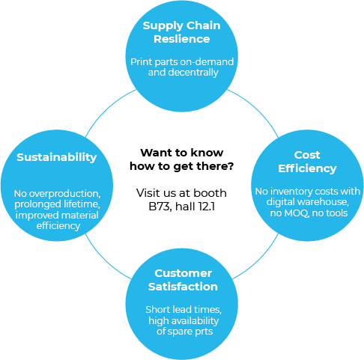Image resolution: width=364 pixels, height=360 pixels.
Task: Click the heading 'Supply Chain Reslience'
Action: pyautogui.click(x=182, y=32)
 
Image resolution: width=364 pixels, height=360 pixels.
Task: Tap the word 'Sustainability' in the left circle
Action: pyautogui.click(x=57, y=158)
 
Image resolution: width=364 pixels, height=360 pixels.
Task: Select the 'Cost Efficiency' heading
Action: pyautogui.click(x=307, y=162)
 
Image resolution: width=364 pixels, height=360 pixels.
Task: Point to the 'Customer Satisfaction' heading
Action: pyautogui.click(x=183, y=280)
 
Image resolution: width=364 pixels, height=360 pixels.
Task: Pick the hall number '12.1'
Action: pyautogui.click(x=207, y=207)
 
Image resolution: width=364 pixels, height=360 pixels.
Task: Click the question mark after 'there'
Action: pyautogui.click(x=230, y=166)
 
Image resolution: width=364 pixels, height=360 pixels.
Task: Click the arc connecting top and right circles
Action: pyautogui.click(x=256, y=109)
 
